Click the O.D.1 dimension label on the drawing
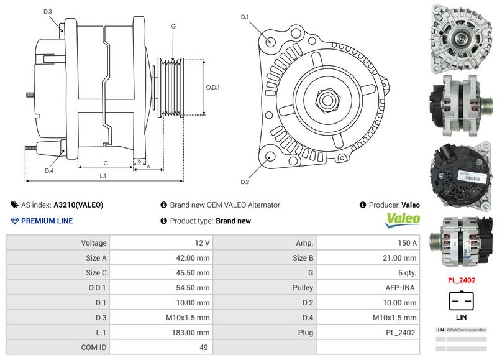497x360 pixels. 212,88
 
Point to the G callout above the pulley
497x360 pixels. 173,27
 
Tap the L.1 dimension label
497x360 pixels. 103,176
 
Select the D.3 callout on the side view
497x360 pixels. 48,12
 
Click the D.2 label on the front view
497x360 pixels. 244,182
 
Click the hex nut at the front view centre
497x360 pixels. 327,99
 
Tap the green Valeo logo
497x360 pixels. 403,219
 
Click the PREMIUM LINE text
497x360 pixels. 47,221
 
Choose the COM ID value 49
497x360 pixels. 204,348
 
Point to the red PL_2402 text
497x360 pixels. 462,280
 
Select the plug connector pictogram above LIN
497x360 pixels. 462,300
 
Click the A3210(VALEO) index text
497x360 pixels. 78,205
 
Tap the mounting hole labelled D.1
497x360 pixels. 271,40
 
